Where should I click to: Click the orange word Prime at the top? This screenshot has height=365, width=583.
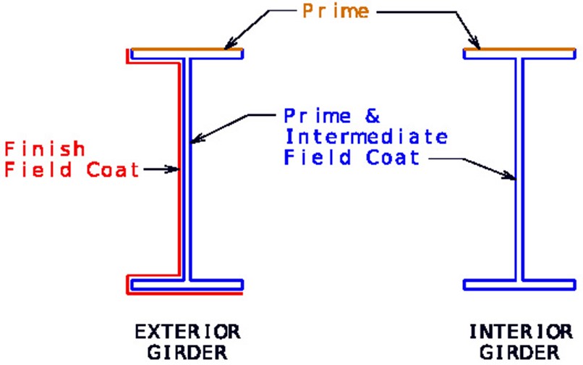pyautogui.click(x=336, y=11)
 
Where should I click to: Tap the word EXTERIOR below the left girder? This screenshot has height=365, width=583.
pyautogui.click(x=187, y=332)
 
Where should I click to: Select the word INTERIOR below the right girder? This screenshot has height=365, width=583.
pyautogui.click(x=521, y=332)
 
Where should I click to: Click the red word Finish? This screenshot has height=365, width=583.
pyautogui.click(x=45, y=149)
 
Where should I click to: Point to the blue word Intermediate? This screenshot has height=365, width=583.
pyautogui.click(x=366, y=136)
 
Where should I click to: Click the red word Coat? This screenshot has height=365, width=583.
pyautogui.click(x=113, y=170)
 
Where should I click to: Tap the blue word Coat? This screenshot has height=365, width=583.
pyautogui.click(x=393, y=157)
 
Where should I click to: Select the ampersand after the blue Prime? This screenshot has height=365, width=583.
pyautogui.click(x=373, y=116)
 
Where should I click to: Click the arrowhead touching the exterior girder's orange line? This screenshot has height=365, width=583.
pyautogui.click(x=229, y=43)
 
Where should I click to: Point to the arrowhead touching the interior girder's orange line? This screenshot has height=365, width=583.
pyautogui.click(x=475, y=42)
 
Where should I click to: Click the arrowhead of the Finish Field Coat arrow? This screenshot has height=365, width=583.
pyautogui.click(x=173, y=169)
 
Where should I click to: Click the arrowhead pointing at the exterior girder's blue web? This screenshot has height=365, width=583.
pyautogui.click(x=196, y=138)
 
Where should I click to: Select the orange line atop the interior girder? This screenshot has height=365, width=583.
pyautogui.click(x=519, y=49)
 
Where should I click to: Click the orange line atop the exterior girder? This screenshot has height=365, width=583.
pyautogui.click(x=187, y=49)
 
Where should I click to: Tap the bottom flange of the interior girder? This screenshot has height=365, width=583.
pyautogui.click(x=519, y=285)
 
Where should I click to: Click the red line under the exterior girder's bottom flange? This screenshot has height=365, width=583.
pyautogui.click(x=184, y=293)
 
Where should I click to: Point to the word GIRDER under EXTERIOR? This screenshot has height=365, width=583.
pyautogui.click(x=187, y=353)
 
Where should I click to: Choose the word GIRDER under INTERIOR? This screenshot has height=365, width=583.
pyautogui.click(x=519, y=353)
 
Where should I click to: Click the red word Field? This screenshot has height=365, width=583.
pyautogui.click(x=38, y=170)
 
